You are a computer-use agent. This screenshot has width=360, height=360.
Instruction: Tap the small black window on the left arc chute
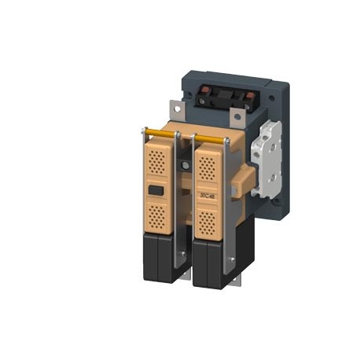coord(156,190)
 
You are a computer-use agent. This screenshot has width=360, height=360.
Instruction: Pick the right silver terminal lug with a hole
coord(236,118)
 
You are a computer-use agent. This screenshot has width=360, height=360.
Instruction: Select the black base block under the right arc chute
coord(210,264)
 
